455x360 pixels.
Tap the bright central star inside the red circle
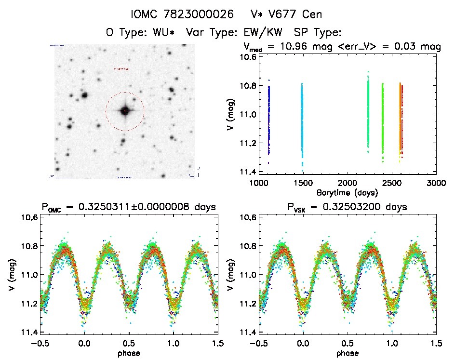125,111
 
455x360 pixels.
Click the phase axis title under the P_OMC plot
129,352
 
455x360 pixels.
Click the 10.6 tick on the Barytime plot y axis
247,56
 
